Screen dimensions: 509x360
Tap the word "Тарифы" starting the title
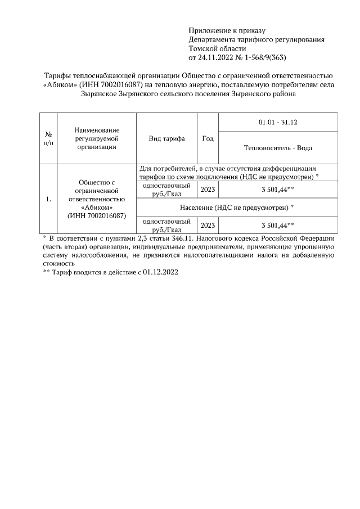click(57, 75)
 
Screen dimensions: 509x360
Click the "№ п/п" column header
click(48, 138)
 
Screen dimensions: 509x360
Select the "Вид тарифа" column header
click(166, 138)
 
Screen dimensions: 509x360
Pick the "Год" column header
click(208, 138)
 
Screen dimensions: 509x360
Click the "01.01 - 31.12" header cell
click(277, 122)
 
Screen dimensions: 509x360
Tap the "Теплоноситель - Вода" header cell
click(277, 148)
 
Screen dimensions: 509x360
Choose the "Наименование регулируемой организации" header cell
click(97, 138)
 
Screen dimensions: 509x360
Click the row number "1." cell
click(48, 199)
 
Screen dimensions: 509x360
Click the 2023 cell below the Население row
click(208, 225)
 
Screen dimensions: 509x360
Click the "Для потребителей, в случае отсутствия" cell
click(227, 168)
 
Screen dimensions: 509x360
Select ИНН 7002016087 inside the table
click(97, 216)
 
